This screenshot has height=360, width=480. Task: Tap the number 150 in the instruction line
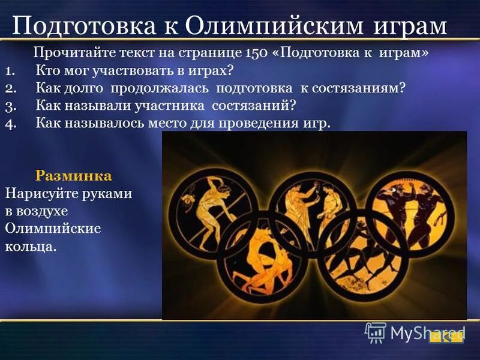[256, 53]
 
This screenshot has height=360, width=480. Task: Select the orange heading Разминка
[74, 176]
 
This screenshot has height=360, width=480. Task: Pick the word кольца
[31, 247]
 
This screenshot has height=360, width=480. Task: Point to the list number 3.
[10, 106]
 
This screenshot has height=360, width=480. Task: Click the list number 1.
[10, 71]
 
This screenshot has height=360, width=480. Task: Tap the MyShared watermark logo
[414, 332]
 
